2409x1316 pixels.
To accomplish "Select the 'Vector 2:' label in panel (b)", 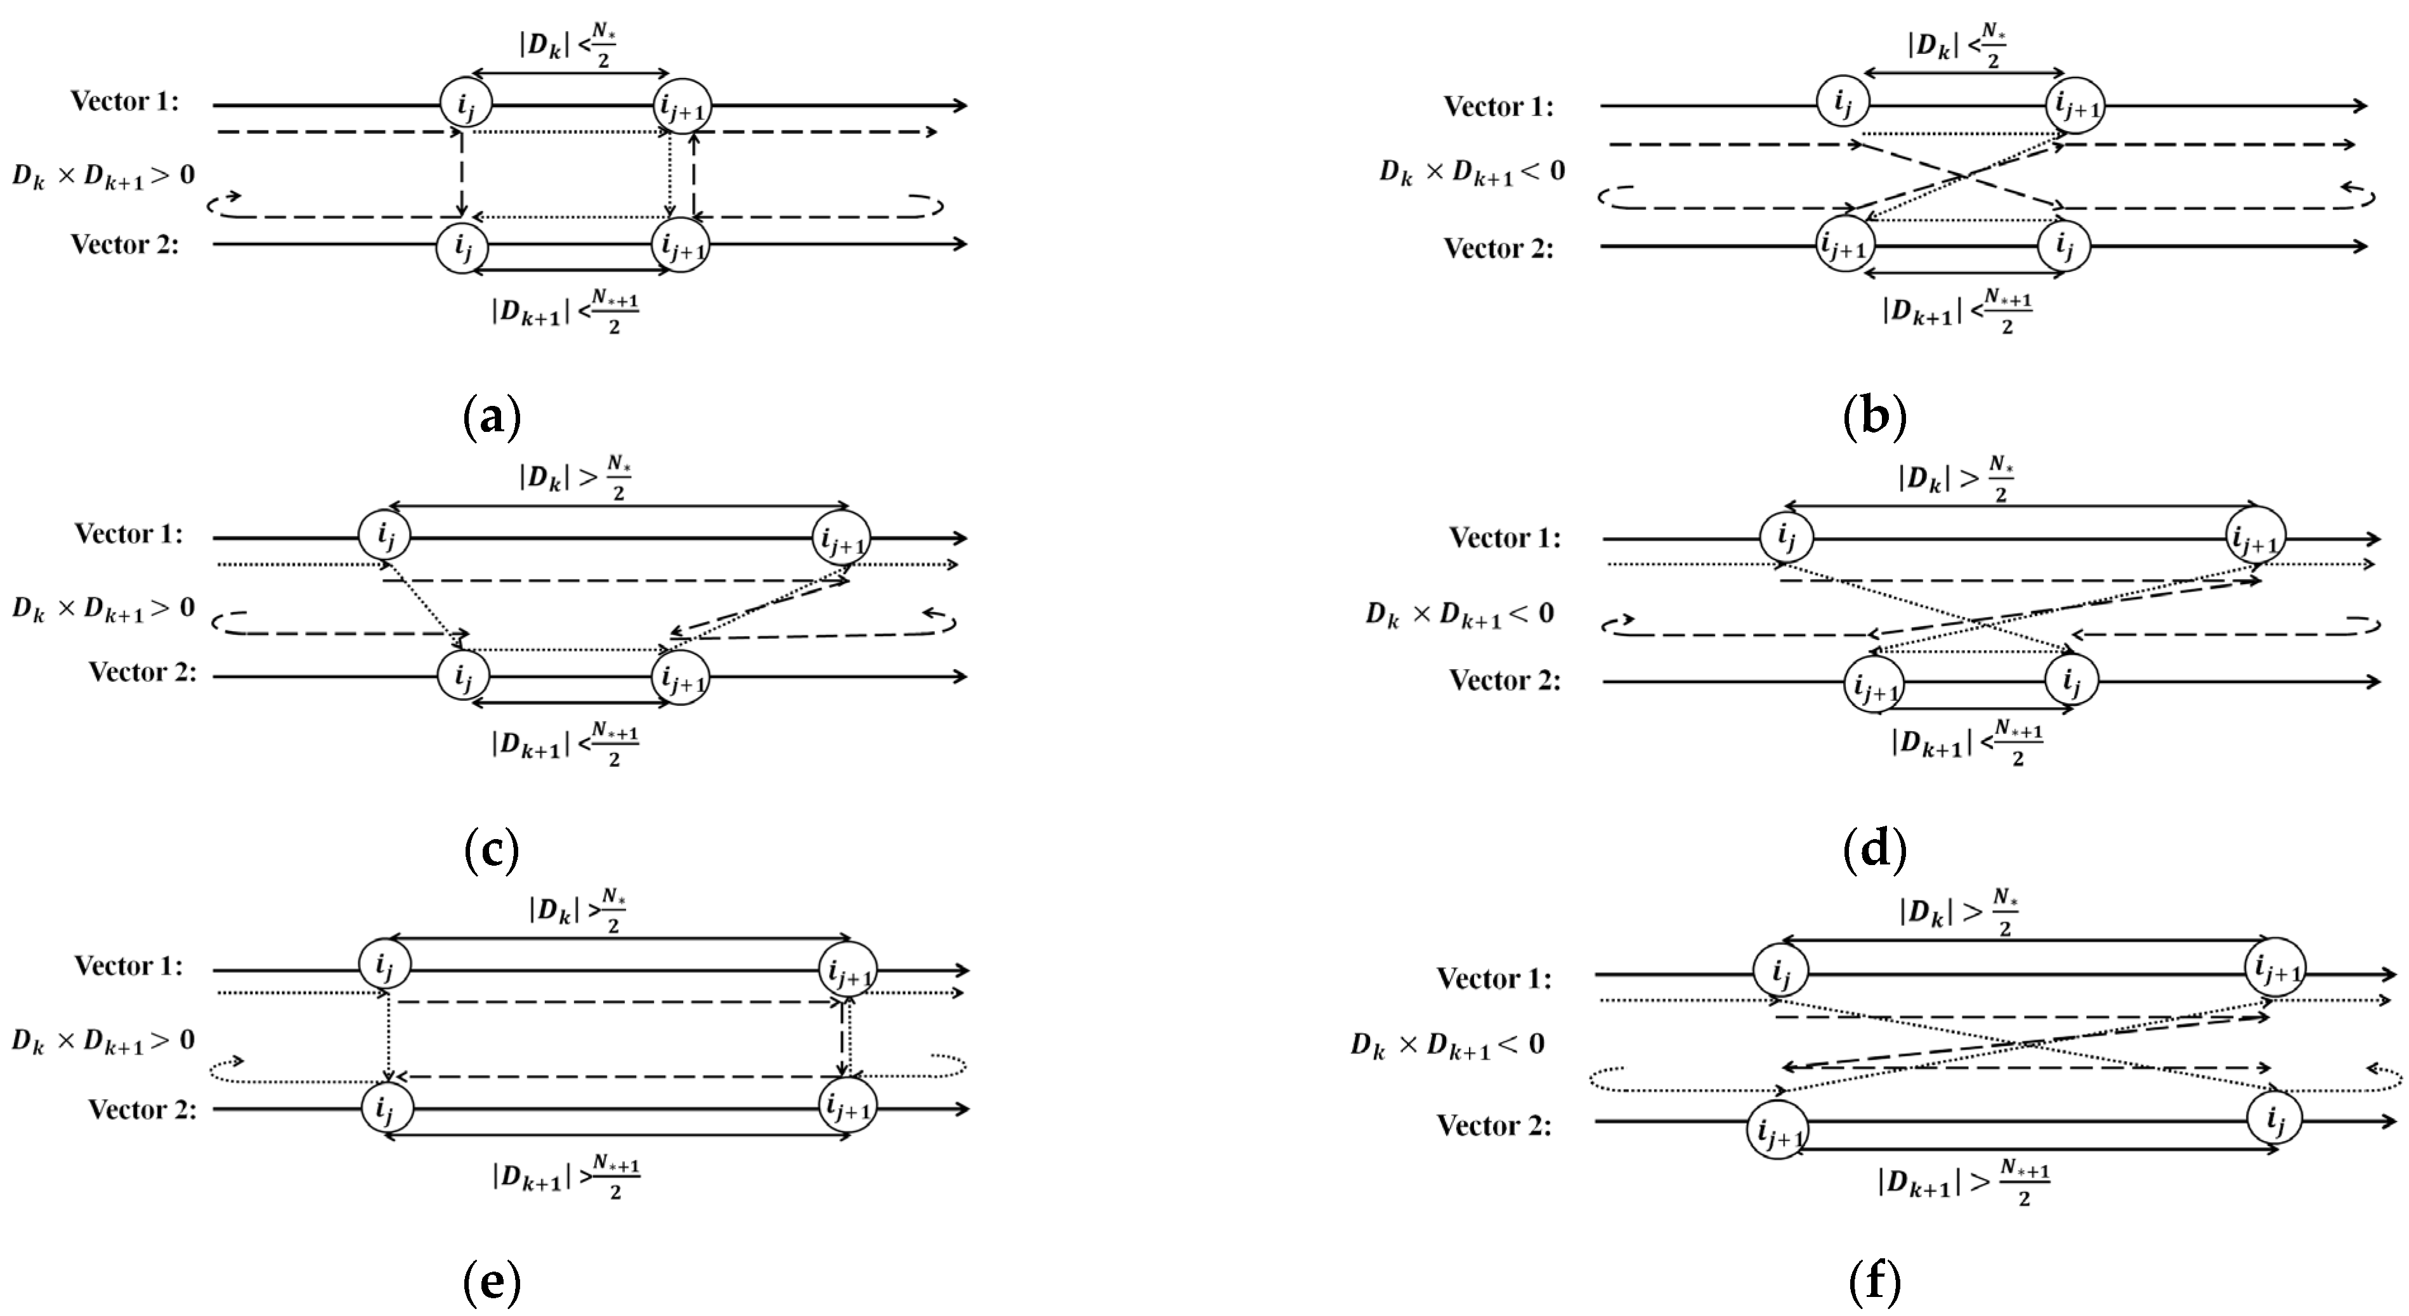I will click(1498, 249).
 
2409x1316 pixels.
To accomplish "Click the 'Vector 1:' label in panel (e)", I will click(129, 965).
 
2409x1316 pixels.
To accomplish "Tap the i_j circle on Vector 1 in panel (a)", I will click(466, 103).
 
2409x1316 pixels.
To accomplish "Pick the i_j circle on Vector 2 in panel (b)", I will click(2064, 247).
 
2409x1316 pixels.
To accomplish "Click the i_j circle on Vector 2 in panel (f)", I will click(2275, 1119).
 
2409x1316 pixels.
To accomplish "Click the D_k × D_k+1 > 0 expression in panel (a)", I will click(103, 175).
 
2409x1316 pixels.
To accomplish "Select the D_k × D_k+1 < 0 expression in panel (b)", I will click(1472, 172).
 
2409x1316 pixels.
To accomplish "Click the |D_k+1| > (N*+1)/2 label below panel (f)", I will click(1964, 1182).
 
